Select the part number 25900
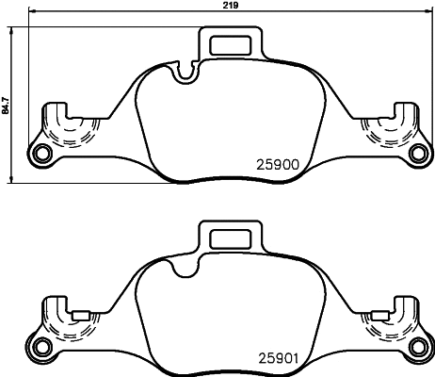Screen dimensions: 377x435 278,162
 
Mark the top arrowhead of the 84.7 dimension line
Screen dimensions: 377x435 11,28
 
